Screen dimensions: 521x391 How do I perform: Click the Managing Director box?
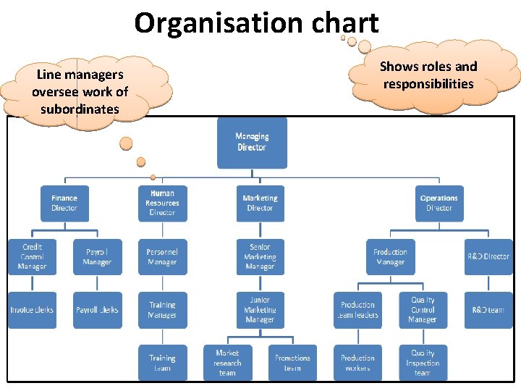point(252,143)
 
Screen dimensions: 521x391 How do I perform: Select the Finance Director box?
point(64,203)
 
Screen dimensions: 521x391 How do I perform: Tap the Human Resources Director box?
point(162,203)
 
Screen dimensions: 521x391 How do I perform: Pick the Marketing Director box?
point(260,203)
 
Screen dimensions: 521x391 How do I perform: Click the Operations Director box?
point(439,203)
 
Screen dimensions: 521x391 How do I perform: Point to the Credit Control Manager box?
point(32,257)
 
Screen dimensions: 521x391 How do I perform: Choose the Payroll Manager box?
point(97,257)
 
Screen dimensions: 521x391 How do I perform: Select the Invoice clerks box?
point(32,310)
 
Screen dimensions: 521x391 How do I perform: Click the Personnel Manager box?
point(162,257)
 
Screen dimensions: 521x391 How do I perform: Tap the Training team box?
point(162,363)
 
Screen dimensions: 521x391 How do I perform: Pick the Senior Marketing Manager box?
point(260,257)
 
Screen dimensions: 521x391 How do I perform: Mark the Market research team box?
point(227,363)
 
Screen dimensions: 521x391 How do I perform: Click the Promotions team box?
point(292,363)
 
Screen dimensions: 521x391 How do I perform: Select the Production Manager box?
point(390,257)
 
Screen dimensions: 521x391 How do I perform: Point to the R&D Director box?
point(488,257)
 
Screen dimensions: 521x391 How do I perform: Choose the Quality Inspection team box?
point(423,363)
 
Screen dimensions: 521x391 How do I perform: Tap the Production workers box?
point(357,363)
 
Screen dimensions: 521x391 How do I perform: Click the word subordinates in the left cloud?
point(80,109)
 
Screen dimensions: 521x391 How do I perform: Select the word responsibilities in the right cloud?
point(428,84)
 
